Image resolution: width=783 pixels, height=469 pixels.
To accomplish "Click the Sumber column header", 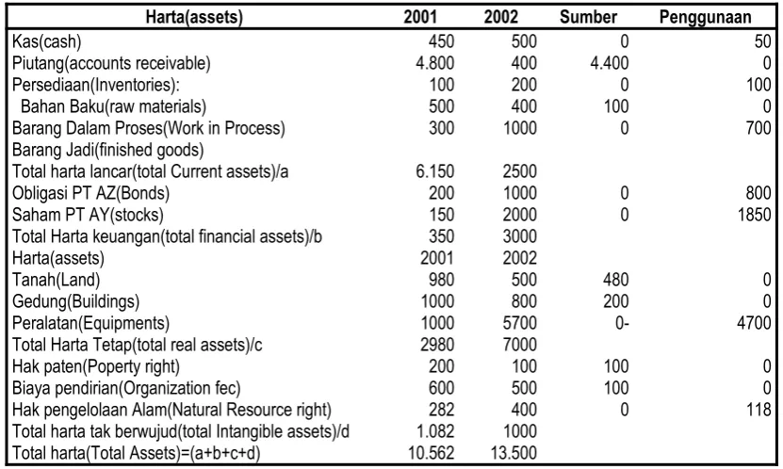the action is (x=588, y=17).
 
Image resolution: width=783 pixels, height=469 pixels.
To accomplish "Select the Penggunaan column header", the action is (x=705, y=17).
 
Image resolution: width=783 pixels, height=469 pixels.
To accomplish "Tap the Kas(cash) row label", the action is (x=46, y=41).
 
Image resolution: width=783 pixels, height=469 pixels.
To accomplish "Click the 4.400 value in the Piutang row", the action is (x=610, y=63).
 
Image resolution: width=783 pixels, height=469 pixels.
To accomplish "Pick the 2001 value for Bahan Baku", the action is (x=441, y=106).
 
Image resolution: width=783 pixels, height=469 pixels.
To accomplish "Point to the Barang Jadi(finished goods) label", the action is (x=107, y=150).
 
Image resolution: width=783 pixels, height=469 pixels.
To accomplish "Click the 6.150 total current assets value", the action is (x=435, y=171).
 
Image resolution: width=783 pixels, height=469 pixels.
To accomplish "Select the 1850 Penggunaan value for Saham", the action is (x=754, y=215).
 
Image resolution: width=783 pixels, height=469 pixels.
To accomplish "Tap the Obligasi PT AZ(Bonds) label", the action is (x=90, y=193).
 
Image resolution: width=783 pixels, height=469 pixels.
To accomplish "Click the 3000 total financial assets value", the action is (x=519, y=236).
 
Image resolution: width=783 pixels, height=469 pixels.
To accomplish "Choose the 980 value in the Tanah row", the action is (x=441, y=280).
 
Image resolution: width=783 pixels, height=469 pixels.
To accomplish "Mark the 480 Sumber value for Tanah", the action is (x=615, y=280).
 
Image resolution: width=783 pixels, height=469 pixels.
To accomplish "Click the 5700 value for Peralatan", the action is (x=519, y=323).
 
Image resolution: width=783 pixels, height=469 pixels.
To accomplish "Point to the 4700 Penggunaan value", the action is (x=754, y=323).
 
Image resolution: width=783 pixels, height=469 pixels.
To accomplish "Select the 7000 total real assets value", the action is (x=519, y=345).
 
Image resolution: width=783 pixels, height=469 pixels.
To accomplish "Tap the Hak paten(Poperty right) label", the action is (x=96, y=366).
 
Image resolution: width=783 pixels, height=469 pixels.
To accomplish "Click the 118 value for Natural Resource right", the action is (x=759, y=410).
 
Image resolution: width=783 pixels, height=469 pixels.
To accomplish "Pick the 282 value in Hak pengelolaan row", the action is (x=441, y=410).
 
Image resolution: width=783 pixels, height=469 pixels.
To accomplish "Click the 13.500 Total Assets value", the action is (x=514, y=453).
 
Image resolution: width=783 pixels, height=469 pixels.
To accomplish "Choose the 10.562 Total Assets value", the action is (x=432, y=453).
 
